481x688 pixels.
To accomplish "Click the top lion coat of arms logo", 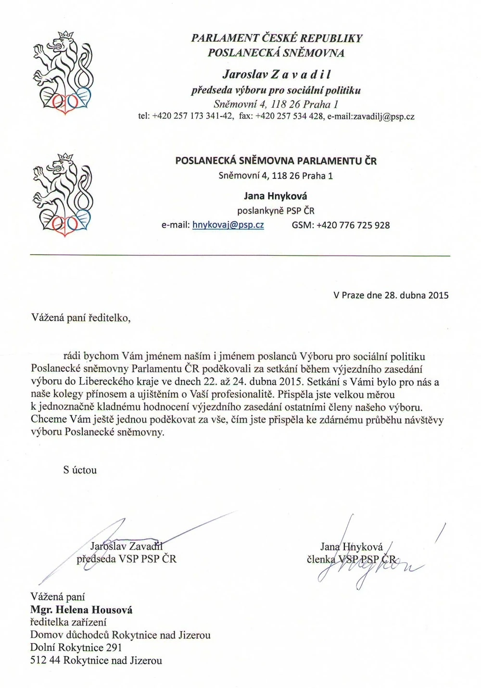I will pyautogui.click(x=62, y=73).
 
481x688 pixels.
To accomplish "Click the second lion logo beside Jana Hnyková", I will pyautogui.click(x=62, y=193).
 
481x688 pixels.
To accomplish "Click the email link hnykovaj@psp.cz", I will pyautogui.click(x=228, y=225).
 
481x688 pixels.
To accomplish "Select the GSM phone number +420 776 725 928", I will pyautogui.click(x=353, y=225).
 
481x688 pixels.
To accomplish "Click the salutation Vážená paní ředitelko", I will pyautogui.click(x=81, y=318).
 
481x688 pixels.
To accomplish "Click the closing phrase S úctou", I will pyautogui.click(x=80, y=470).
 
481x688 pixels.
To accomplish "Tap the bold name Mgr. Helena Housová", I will pyautogui.click(x=81, y=610).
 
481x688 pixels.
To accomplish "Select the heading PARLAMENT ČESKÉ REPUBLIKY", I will pyautogui.click(x=277, y=38).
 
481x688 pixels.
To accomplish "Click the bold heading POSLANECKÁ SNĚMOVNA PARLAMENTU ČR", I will pyautogui.click(x=276, y=161).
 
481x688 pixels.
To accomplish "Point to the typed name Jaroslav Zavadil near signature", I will pyautogui.click(x=127, y=546).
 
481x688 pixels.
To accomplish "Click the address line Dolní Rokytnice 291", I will pyautogui.click(x=76, y=648).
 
